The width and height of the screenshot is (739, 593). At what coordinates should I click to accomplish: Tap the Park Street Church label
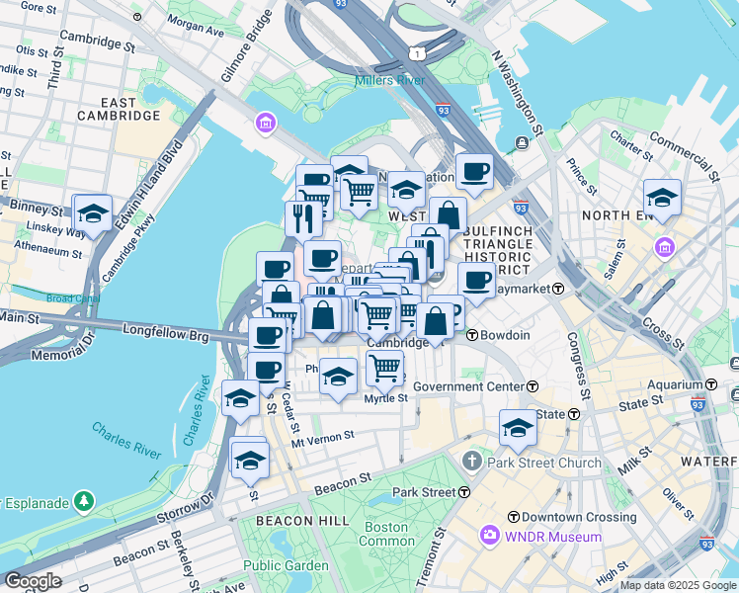(x=550, y=463)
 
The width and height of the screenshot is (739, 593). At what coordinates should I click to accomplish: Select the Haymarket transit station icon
(x=558, y=289)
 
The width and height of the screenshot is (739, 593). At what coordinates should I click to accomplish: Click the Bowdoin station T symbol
(x=472, y=335)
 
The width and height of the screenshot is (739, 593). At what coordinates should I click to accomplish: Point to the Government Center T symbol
(x=533, y=386)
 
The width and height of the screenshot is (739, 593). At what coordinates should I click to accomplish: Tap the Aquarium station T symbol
(x=710, y=383)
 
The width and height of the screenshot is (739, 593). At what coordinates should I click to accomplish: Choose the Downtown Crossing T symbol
(x=513, y=518)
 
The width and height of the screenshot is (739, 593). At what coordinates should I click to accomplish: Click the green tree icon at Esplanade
(x=84, y=502)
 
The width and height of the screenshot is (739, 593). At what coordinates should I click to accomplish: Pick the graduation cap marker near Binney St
(x=92, y=212)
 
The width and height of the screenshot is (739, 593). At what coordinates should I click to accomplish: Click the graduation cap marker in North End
(x=661, y=196)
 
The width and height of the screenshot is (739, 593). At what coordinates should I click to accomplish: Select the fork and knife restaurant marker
(x=303, y=217)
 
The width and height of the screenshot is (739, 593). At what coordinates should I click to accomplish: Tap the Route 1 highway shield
(x=420, y=52)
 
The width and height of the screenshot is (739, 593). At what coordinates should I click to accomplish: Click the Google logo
(x=34, y=580)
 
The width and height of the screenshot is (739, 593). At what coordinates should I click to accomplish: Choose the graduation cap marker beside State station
(x=517, y=427)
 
